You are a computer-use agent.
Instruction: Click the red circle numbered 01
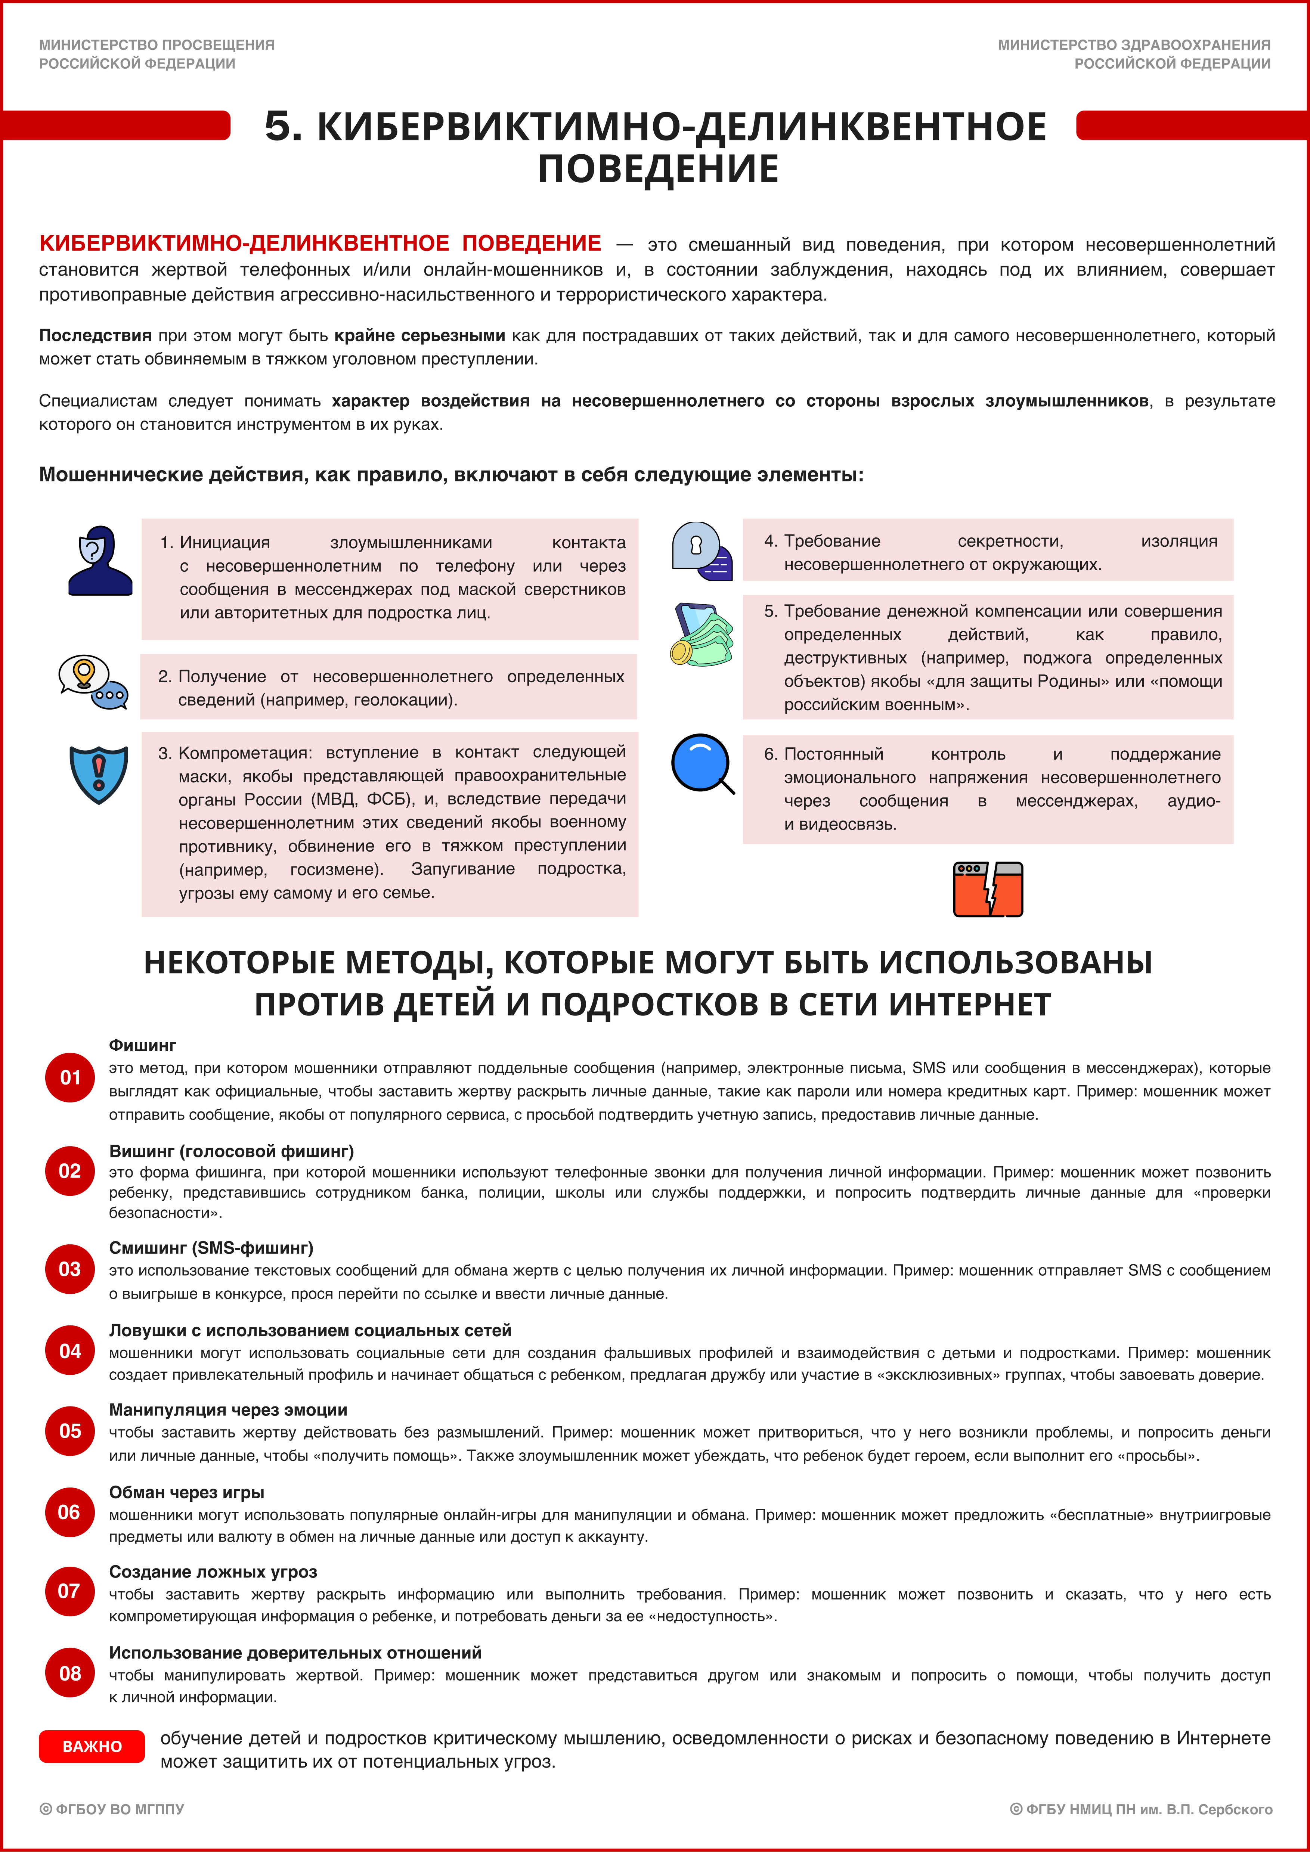[x=70, y=1078]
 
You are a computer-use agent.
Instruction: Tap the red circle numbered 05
[x=70, y=1431]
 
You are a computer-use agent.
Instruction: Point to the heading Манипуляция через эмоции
[x=228, y=1410]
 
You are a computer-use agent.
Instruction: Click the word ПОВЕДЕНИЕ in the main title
[x=658, y=170]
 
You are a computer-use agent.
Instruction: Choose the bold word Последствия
[x=95, y=335]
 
